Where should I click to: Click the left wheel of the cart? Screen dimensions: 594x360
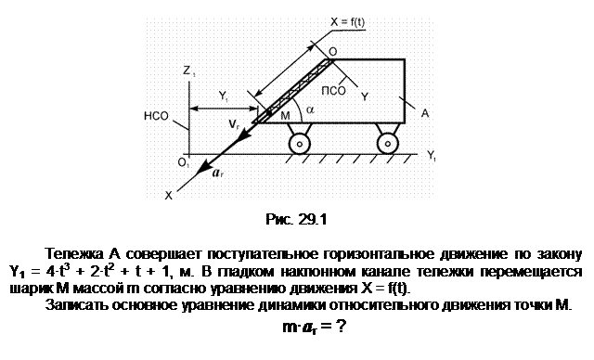point(299,144)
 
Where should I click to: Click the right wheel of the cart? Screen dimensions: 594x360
point(388,144)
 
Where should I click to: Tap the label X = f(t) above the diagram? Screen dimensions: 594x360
point(347,22)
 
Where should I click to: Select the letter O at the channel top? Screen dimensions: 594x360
point(332,52)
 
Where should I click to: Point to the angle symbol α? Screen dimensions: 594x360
point(310,109)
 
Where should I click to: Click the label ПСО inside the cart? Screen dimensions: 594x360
point(334,91)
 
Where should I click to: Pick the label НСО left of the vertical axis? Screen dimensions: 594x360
point(156,116)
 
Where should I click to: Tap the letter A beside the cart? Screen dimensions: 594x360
point(425,113)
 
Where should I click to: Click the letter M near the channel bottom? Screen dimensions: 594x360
point(285,116)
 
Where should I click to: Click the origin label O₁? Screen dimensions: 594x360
point(183,163)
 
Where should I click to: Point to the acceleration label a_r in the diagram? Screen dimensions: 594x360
point(217,174)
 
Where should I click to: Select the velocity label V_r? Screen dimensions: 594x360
point(234,123)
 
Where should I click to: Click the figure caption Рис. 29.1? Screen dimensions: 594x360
point(296,219)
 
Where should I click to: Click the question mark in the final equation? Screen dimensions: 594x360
point(341,326)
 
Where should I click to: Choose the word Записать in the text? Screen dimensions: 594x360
point(78,305)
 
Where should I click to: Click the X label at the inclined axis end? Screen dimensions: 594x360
point(169,196)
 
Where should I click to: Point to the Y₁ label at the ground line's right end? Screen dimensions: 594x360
point(431,155)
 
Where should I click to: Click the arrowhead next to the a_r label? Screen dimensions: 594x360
point(205,166)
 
